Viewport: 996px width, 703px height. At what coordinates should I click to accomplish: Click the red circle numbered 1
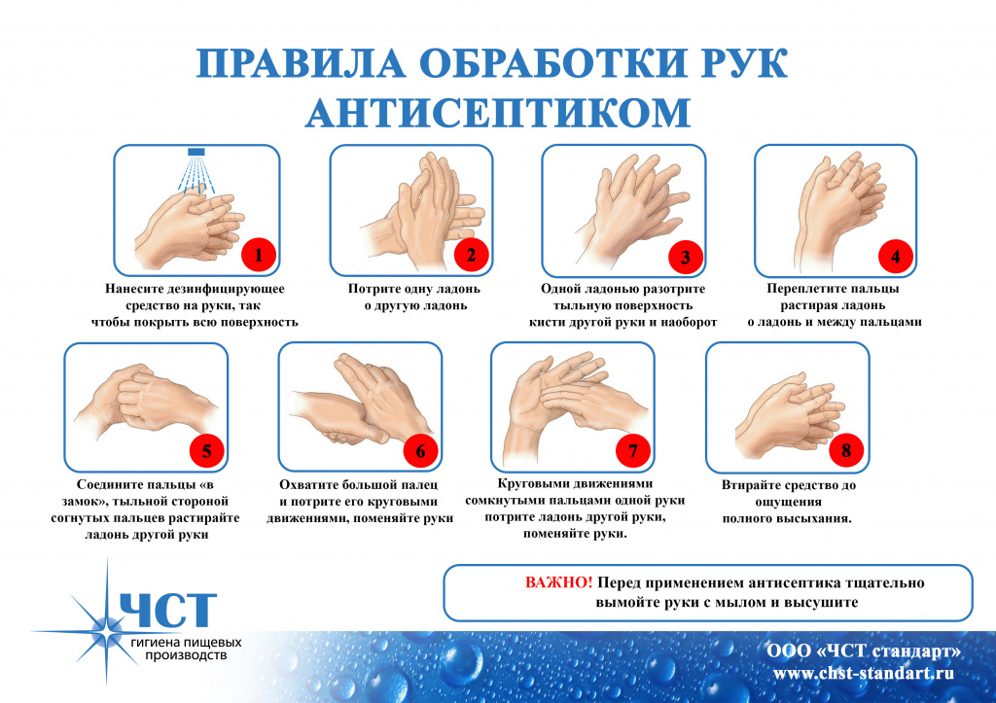(259, 256)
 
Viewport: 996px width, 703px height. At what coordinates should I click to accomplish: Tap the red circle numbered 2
(472, 256)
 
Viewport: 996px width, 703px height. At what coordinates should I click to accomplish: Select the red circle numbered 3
(686, 258)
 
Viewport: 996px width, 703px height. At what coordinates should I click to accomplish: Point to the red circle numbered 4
(896, 257)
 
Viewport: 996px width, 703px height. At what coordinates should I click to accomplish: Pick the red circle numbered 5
(207, 451)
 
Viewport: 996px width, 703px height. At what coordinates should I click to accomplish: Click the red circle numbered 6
(420, 451)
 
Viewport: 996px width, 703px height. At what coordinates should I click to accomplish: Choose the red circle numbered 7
(633, 451)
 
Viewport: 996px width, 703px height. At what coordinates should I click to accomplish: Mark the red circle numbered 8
(846, 451)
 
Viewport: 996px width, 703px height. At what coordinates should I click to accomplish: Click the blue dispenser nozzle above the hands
(196, 152)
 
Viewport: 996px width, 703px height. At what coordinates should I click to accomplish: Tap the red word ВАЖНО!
(558, 582)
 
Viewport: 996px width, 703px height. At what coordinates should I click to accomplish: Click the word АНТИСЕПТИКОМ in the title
(498, 113)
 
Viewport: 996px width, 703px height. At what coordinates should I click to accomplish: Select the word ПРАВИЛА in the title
(301, 63)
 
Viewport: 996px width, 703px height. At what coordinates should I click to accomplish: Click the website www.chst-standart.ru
(864, 673)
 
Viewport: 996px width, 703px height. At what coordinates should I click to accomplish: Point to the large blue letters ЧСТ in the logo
(168, 610)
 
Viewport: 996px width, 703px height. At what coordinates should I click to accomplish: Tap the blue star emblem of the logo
(106, 624)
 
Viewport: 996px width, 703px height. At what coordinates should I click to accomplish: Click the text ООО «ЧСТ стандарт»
(864, 651)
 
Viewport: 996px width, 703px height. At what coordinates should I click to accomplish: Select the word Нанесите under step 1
(134, 289)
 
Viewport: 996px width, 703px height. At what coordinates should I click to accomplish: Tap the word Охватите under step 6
(308, 484)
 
